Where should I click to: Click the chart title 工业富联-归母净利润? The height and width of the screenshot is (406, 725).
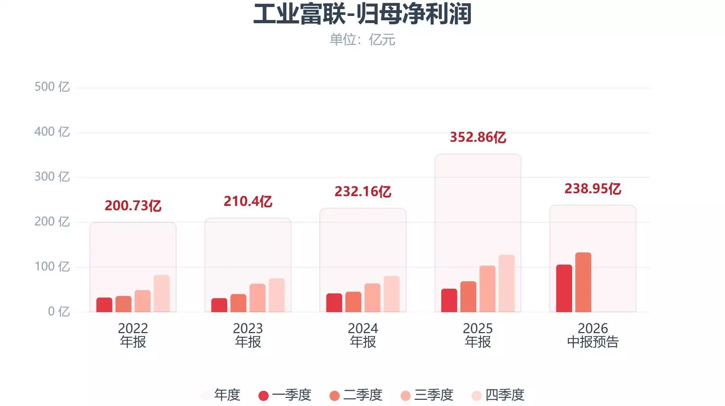(362, 14)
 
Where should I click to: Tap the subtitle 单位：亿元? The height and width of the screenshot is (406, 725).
(362, 40)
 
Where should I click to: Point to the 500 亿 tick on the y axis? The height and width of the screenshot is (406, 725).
(52, 87)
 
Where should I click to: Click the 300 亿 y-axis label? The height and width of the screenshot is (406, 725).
(52, 177)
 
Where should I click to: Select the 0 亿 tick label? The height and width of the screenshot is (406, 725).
(58, 311)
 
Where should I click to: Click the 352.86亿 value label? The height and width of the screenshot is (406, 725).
(478, 137)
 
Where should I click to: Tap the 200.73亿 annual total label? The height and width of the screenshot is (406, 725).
(133, 206)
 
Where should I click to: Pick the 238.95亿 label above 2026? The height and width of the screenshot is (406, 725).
(593, 188)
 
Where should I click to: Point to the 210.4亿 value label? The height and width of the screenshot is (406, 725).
(248, 201)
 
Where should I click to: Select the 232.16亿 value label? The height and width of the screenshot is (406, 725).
(363, 191)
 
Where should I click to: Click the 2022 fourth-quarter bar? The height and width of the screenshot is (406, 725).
(162, 294)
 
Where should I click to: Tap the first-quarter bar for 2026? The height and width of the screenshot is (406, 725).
(564, 289)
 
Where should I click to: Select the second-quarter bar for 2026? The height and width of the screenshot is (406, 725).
(583, 282)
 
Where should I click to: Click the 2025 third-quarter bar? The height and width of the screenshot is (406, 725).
(488, 289)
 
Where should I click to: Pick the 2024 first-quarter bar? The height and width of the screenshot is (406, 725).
(334, 303)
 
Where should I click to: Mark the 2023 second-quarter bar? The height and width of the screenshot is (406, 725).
(239, 303)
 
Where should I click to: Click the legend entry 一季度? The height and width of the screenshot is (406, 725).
(285, 395)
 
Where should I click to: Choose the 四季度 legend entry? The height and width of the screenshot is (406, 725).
(498, 395)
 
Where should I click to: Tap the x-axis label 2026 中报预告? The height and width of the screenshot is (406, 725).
(593, 335)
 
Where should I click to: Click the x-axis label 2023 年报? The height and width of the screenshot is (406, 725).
(248, 335)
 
